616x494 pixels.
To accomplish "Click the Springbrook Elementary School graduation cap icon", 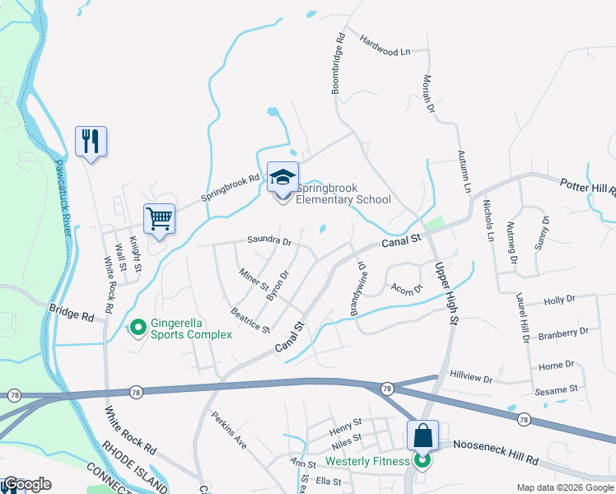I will click(282, 178).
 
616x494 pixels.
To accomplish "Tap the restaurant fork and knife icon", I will click(91, 141).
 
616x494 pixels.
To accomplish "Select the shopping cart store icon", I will click(159, 219).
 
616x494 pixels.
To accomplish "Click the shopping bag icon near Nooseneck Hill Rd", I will click(422, 435).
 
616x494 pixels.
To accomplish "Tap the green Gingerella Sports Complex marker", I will click(138, 329).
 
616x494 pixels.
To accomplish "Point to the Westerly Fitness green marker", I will click(422, 460).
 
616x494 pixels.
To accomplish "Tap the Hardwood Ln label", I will click(384, 45).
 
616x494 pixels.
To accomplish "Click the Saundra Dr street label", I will click(269, 241).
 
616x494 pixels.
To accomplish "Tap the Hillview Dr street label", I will click(470, 378).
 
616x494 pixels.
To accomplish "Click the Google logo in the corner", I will click(27, 484).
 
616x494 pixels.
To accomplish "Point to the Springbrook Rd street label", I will click(231, 188).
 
